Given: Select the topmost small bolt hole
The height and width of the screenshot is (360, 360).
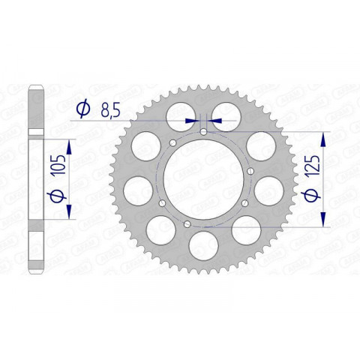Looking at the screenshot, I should click(204, 132).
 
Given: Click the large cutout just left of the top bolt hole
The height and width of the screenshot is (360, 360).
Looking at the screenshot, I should click(181, 112).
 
